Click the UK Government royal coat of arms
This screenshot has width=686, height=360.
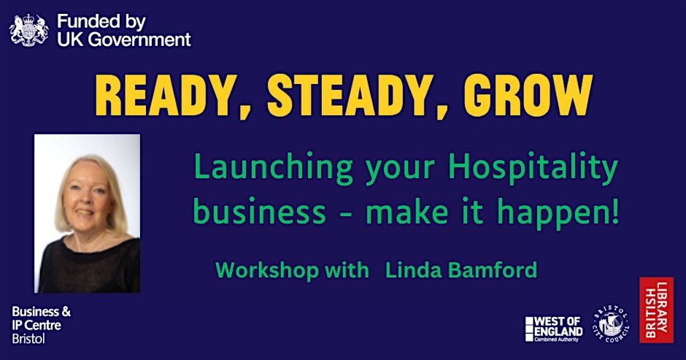coord(28,28)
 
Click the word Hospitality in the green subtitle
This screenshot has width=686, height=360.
coord(533,169)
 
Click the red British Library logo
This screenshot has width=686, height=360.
coord(655,310)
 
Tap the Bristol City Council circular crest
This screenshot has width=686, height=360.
coord(609,323)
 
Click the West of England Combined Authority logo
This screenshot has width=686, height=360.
coord(554,329)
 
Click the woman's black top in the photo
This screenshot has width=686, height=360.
coord(88,267)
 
